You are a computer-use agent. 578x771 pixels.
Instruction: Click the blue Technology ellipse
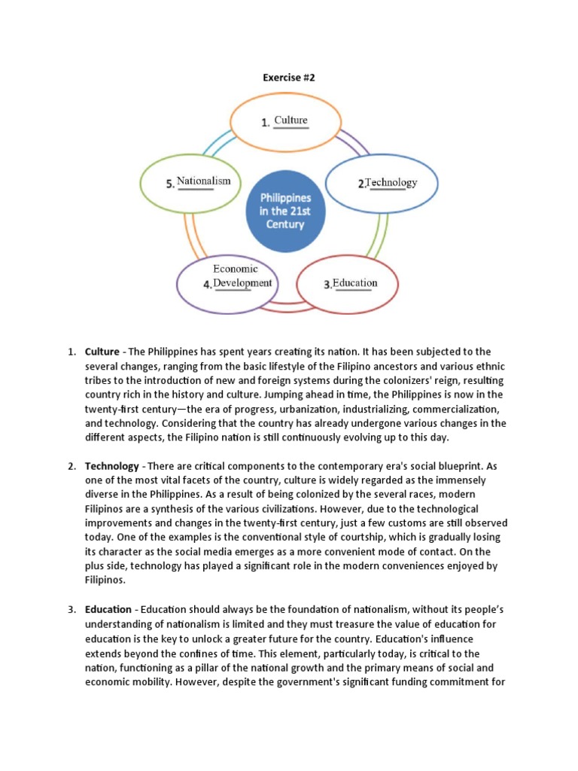point(380,183)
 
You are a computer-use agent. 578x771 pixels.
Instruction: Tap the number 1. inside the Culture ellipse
point(266,123)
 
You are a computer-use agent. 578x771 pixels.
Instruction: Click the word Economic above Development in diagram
point(235,269)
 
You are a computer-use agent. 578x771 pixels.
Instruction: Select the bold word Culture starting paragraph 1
point(102,352)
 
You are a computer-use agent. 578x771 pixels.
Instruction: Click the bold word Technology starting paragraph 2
point(112,466)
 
